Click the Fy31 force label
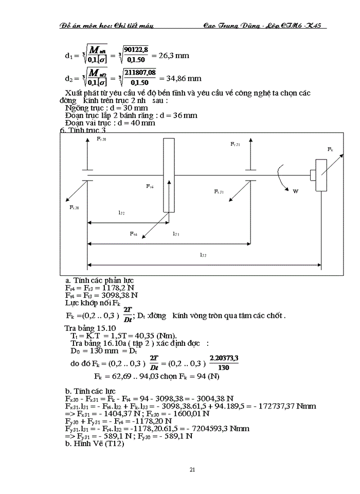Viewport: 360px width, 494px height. tap(235, 145)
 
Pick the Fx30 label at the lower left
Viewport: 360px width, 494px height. tap(75, 207)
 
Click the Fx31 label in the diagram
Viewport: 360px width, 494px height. tap(219, 191)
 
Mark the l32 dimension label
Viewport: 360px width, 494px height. tap(121, 212)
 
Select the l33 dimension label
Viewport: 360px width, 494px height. tap(203, 254)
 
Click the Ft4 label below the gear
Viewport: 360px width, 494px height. tap(134, 234)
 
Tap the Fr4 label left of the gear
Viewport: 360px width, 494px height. tap(150, 186)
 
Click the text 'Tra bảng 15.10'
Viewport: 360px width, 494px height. tap(90, 328)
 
